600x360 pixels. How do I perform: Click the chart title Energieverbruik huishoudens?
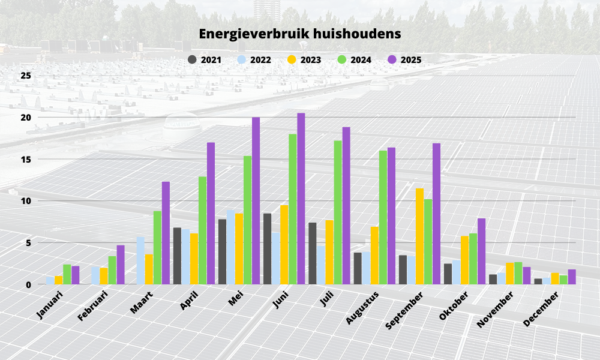point(300,34)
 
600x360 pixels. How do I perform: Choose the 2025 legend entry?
point(404,59)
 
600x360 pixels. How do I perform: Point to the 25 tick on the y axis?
point(25,76)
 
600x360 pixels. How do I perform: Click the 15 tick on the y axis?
point(25,159)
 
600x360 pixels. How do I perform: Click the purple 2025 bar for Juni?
point(301,199)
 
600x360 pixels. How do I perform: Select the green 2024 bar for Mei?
point(247,220)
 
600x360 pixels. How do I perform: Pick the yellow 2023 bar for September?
point(419,236)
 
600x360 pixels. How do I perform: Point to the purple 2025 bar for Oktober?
point(481,251)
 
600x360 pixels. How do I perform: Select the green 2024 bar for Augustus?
point(383,217)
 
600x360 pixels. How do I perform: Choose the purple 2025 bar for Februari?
point(121,265)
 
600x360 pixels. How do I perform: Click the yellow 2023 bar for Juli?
point(329,252)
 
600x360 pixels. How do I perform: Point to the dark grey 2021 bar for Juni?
point(267,249)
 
